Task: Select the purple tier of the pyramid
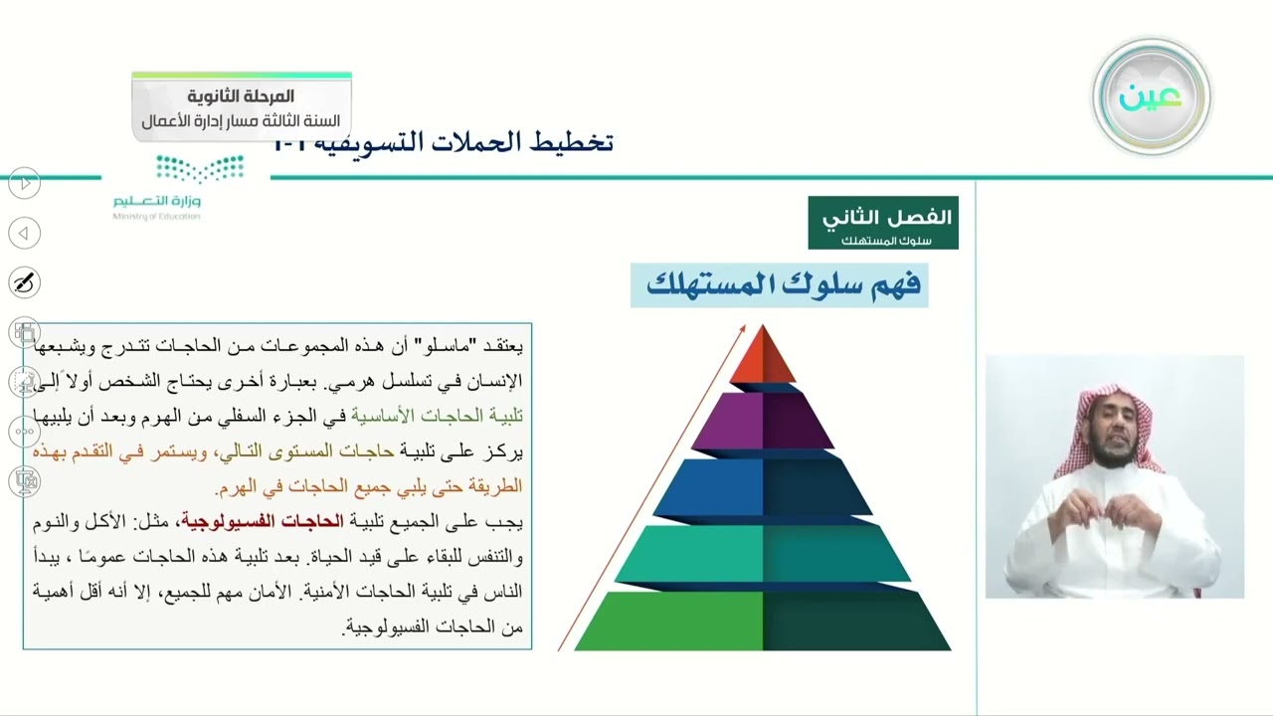763,422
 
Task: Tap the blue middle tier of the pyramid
763,487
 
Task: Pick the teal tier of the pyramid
763,553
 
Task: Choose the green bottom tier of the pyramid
763,621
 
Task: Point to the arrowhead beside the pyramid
741,329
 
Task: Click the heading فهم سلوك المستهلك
783,285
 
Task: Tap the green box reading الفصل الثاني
883,223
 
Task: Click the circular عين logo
1151,96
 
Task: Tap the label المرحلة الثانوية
242,96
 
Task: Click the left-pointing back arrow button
24,234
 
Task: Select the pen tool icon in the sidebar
24,283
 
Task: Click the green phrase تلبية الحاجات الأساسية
437,416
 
